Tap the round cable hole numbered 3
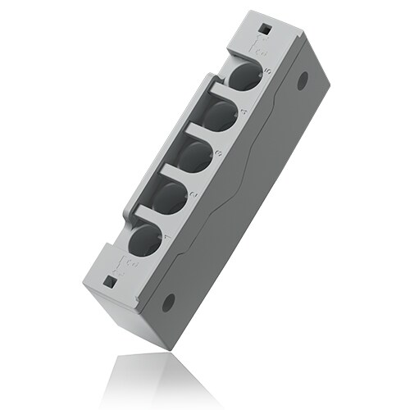tap(195, 156)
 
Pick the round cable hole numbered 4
tap(219, 115)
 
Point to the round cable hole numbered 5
tap(242, 77)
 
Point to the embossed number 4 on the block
tap(241, 111)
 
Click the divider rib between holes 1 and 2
tap(156, 215)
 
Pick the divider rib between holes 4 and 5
tap(228, 92)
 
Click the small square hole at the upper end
tap(265, 31)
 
